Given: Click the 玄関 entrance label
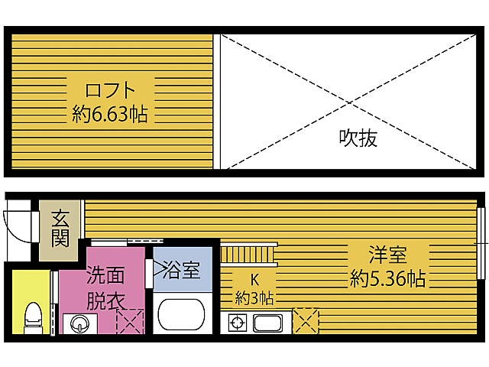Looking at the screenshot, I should [61, 227].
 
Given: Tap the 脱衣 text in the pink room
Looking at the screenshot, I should [105, 300].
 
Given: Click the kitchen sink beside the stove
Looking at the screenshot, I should [269, 323].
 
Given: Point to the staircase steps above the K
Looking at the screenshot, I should [249, 252].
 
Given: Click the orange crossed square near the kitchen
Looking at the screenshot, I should [306, 320].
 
